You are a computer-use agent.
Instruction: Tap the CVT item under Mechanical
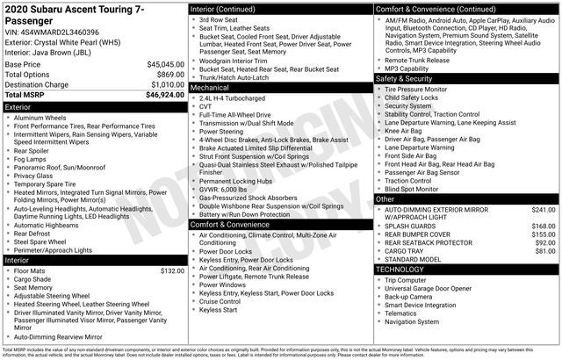(x=206, y=107)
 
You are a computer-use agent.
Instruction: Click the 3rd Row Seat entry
(x=220, y=19)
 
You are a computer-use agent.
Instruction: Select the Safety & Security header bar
(x=406, y=78)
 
